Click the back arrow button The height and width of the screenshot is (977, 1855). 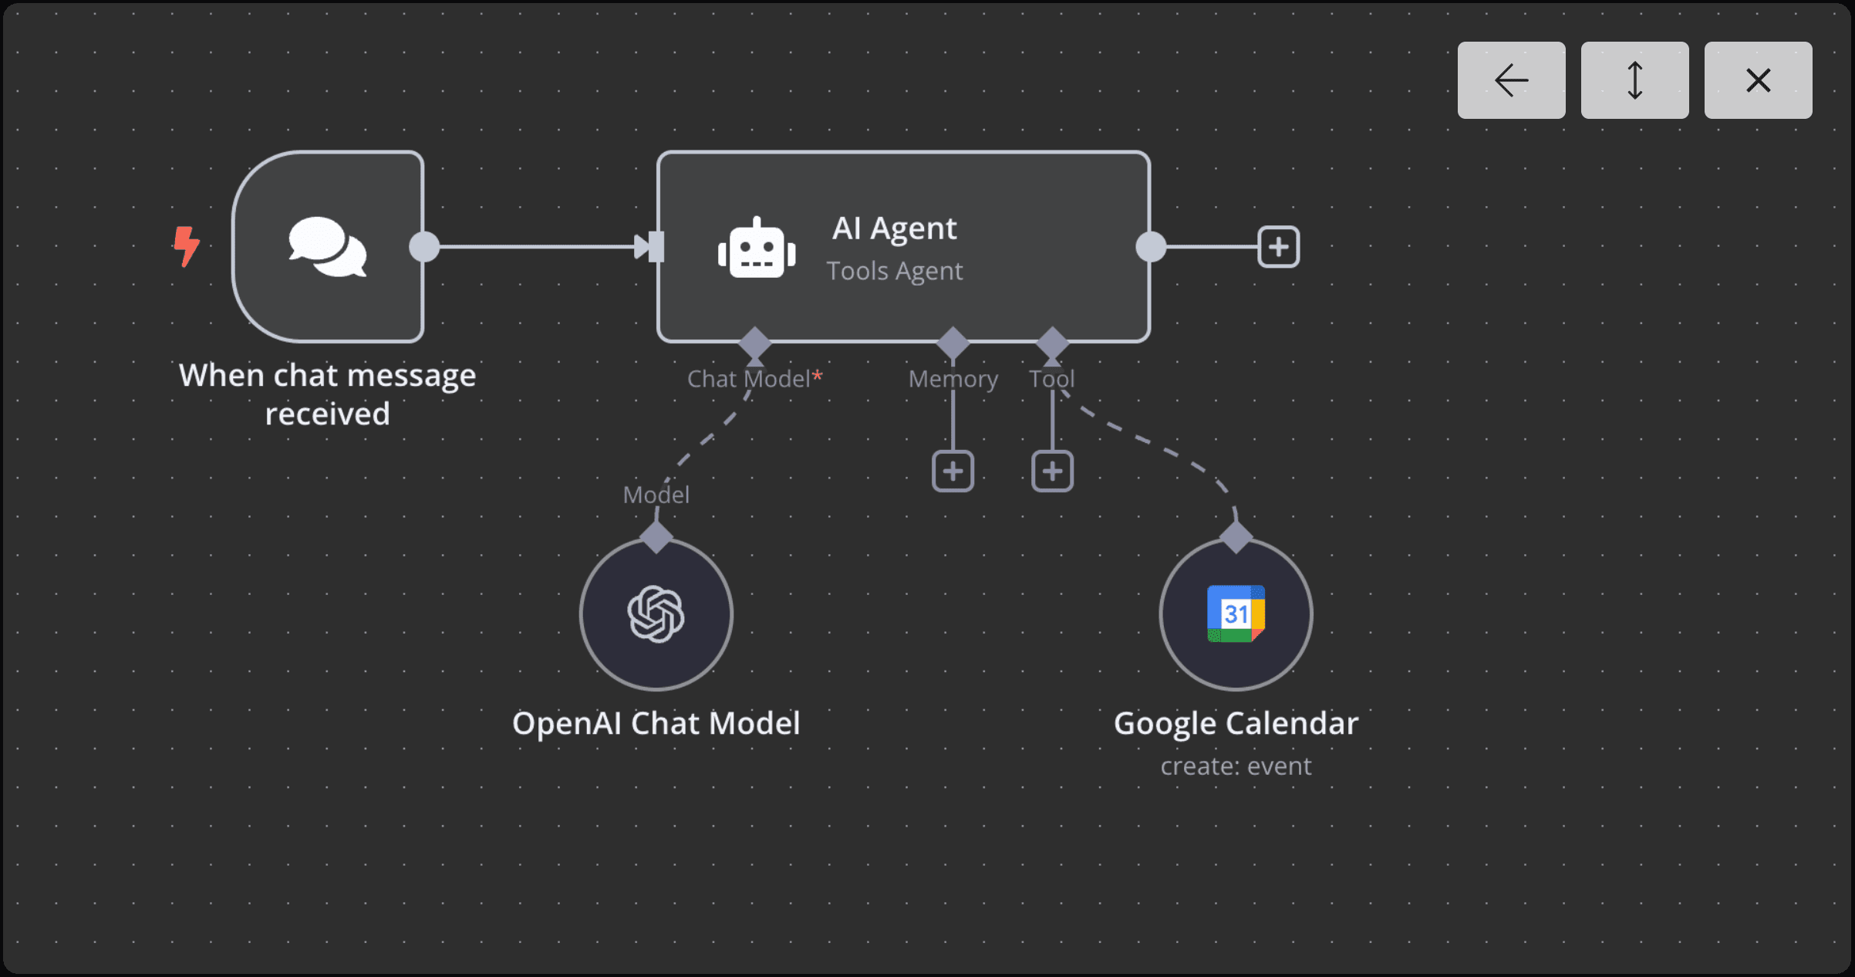pyautogui.click(x=1511, y=80)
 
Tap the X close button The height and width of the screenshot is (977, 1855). pyautogui.click(x=1758, y=80)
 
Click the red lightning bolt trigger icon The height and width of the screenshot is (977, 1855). pyautogui.click(x=186, y=246)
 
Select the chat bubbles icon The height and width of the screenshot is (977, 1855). pyautogui.click(x=328, y=247)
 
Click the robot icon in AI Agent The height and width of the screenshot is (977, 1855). pyautogui.click(x=757, y=248)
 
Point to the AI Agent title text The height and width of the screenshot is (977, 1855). pyautogui.click(x=894, y=228)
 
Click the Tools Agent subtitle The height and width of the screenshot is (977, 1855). pyautogui.click(x=894, y=272)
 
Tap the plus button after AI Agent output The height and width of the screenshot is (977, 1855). pyautogui.click(x=1278, y=247)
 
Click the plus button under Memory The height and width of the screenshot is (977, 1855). pyautogui.click(x=953, y=471)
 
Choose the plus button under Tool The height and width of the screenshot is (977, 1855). pyautogui.click(x=1052, y=471)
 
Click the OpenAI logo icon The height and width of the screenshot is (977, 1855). pyautogui.click(x=656, y=614)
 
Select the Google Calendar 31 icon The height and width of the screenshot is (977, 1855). pyautogui.click(x=1236, y=614)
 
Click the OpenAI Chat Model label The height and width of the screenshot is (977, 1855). pyautogui.click(x=656, y=724)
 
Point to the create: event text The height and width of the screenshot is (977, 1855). pyautogui.click(x=1236, y=766)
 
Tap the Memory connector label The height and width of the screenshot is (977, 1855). pyautogui.click(x=953, y=379)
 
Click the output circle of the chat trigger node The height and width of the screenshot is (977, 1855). pyautogui.click(x=424, y=247)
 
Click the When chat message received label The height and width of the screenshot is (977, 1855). pyautogui.click(x=328, y=394)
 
